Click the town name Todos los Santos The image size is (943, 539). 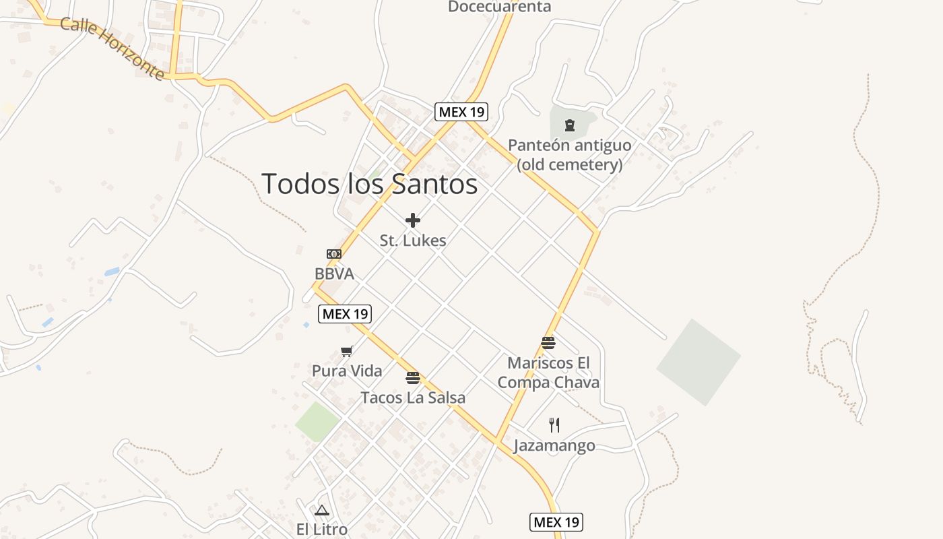[x=369, y=184]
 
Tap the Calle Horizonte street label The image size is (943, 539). [x=112, y=48]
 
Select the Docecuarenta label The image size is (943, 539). [x=499, y=7]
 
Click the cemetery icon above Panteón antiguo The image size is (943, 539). [x=570, y=125]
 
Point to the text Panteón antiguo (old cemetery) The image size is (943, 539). [x=569, y=154]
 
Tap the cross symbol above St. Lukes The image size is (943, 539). [x=413, y=220]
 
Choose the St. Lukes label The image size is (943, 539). [x=413, y=241]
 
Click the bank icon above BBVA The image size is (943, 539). [x=334, y=254]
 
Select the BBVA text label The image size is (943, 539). [x=334, y=274]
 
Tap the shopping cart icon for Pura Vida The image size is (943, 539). [x=347, y=351]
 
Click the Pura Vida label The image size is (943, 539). [x=347, y=371]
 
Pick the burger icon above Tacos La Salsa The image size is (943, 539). [x=413, y=377]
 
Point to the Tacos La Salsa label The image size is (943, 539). [x=413, y=398]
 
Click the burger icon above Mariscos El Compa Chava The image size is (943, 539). [x=548, y=343]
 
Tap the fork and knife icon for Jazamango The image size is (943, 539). [x=554, y=424]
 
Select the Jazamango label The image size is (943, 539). [x=554, y=446]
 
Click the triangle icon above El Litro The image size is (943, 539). [x=322, y=510]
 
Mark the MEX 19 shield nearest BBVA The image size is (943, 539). [x=345, y=313]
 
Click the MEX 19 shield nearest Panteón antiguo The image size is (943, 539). [x=461, y=111]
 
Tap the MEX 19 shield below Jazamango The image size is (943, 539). [x=556, y=522]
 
